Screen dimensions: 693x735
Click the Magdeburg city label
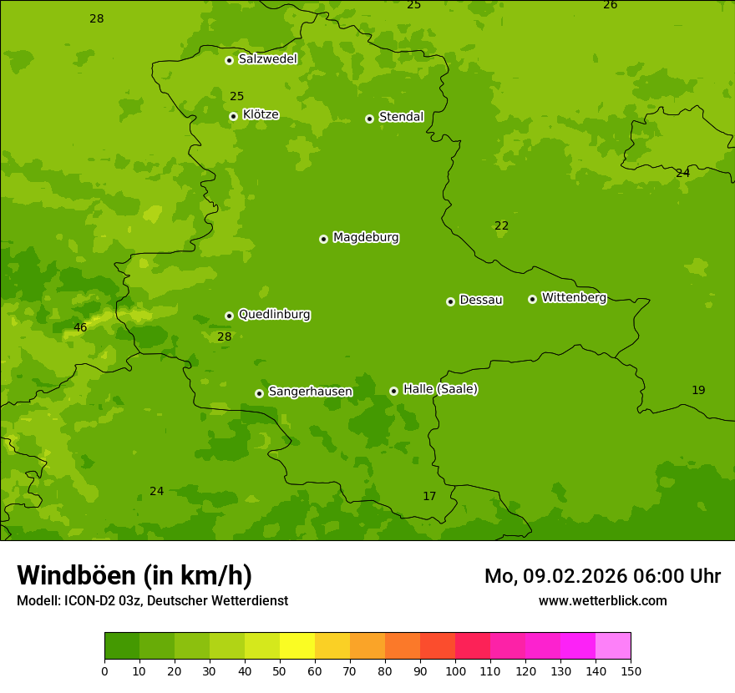(x=365, y=238)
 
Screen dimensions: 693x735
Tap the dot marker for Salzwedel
(x=229, y=60)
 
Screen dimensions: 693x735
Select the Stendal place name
(x=401, y=117)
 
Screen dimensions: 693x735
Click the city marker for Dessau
(x=450, y=301)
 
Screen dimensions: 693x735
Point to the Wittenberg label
(x=573, y=297)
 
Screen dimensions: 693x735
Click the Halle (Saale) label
(x=439, y=389)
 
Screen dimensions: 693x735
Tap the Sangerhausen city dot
(x=259, y=393)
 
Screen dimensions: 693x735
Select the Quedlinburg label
(x=274, y=315)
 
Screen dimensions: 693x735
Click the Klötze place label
(x=261, y=114)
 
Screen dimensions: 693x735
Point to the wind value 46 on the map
(x=80, y=328)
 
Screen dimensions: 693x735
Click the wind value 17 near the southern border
(x=429, y=497)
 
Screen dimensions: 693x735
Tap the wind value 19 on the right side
(x=698, y=391)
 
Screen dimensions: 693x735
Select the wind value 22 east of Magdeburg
(x=501, y=226)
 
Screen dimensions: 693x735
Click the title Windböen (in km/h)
(x=134, y=575)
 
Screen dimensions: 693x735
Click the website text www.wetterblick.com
(x=602, y=601)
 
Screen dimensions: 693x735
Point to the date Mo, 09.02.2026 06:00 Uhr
(x=602, y=576)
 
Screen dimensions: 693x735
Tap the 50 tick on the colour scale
(x=280, y=670)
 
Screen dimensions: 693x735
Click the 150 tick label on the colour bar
(x=631, y=670)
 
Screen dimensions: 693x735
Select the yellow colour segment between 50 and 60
(x=297, y=646)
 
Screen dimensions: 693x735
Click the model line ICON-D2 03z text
(x=152, y=601)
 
